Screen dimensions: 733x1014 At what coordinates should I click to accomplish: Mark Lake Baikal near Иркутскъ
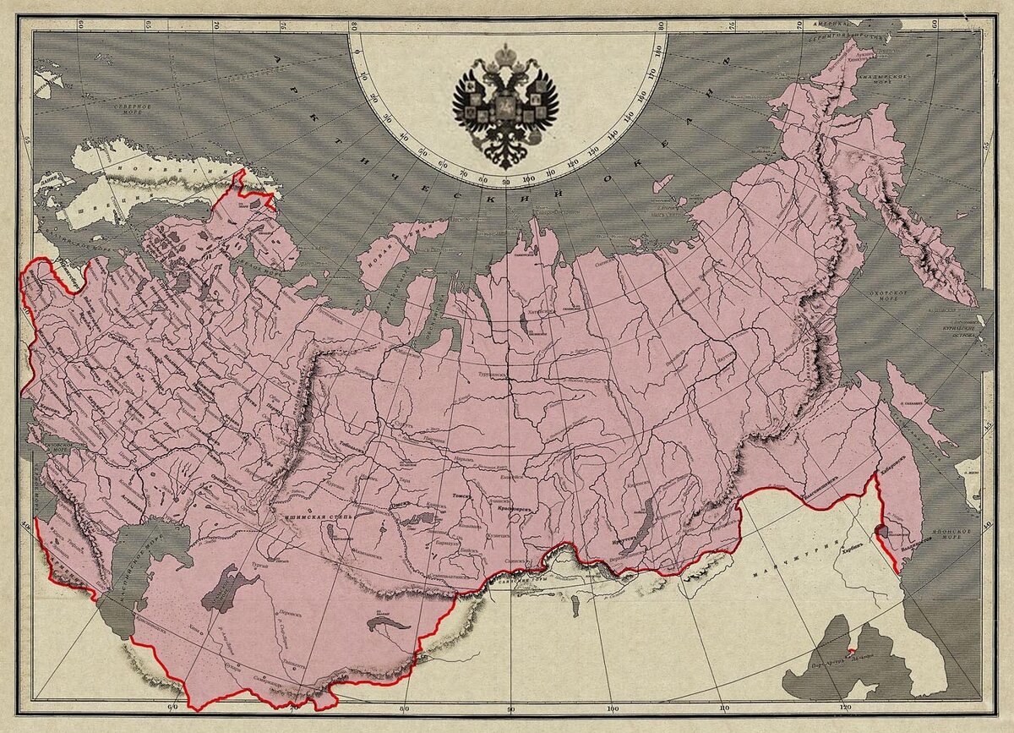click(640, 531)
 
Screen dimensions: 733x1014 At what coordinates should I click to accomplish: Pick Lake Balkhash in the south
click(388, 625)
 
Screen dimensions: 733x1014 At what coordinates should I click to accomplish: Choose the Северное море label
click(135, 111)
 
